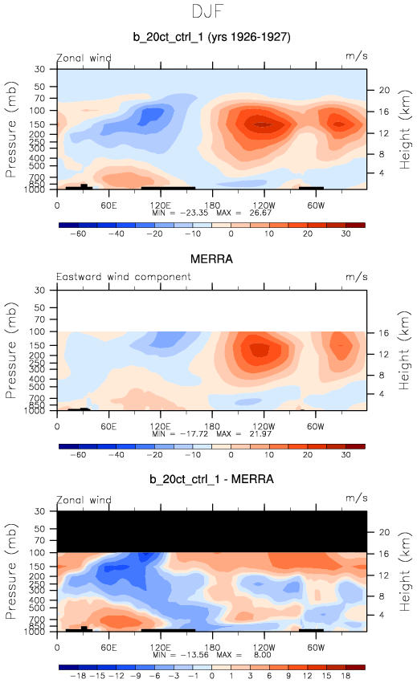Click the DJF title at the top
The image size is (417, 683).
[207, 11]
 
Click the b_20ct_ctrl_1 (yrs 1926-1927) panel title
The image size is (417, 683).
[211, 37]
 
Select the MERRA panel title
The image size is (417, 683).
[211, 259]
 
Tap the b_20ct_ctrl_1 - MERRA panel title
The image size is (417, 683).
[211, 479]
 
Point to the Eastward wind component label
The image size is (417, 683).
[124, 277]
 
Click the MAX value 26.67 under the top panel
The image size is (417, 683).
[260, 213]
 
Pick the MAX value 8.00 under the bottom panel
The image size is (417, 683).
[262, 655]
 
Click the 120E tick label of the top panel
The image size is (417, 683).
[161, 205]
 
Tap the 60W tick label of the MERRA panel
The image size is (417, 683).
[316, 426]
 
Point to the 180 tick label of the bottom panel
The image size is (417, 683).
[212, 647]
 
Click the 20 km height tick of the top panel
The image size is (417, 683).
[384, 90]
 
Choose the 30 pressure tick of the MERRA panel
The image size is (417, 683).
[39, 290]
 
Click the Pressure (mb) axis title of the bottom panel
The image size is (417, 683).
[11, 571]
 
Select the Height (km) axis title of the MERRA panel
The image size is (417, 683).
[405, 351]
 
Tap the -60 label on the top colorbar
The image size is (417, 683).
[78, 234]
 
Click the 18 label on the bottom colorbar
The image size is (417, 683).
[346, 676]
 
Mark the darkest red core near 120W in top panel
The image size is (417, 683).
[263, 124]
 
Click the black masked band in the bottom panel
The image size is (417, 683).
[212, 532]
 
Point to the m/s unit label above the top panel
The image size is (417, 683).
[357, 56]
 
